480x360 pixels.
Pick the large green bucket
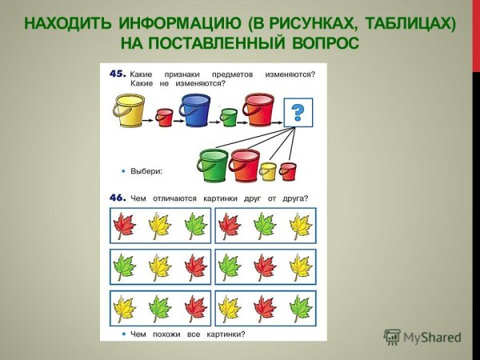(x=213, y=166)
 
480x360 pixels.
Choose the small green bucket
(x=229, y=118)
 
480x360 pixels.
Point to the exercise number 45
(x=117, y=74)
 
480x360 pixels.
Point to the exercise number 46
(x=117, y=198)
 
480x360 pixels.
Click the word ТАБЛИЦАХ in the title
(x=405, y=22)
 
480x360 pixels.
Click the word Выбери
(x=146, y=170)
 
